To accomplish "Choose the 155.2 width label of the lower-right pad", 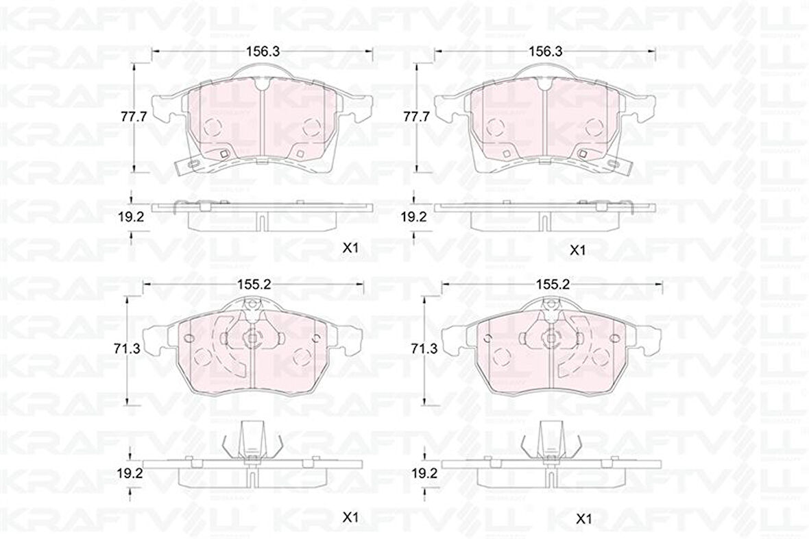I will click(x=553, y=283).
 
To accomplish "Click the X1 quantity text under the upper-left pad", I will click(x=350, y=250).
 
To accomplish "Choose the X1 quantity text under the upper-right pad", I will click(x=578, y=251).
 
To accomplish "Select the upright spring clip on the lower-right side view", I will click(x=548, y=439).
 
